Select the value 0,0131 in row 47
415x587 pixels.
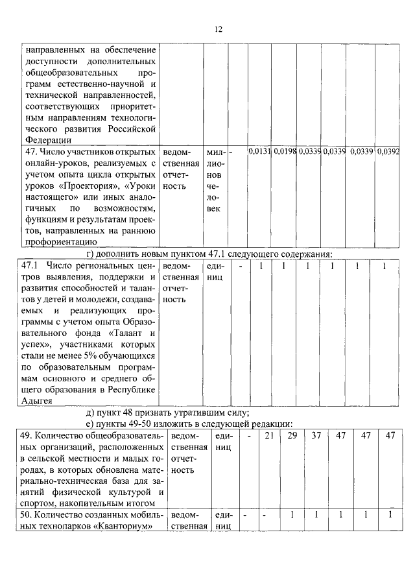pos(259,151)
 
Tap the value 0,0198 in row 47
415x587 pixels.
pos(283,151)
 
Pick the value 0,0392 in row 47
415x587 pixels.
pos(387,151)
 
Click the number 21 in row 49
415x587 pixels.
pos(268,435)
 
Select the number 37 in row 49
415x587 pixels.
pos(316,435)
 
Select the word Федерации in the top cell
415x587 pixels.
pos(43,139)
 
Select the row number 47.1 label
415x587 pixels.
pos(31,266)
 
